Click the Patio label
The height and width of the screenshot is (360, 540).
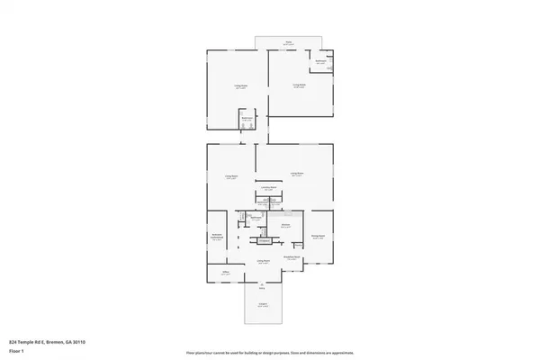289,42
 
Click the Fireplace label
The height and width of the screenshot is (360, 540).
265,240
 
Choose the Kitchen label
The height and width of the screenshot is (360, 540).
284,225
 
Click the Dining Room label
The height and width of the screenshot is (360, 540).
318,236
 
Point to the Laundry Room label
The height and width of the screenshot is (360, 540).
268,188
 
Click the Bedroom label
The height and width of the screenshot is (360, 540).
216,236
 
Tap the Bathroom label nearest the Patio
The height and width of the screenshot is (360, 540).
320,61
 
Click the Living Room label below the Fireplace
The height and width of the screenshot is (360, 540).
265,262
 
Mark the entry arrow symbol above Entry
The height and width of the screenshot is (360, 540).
263,284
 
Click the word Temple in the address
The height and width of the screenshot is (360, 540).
24,343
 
